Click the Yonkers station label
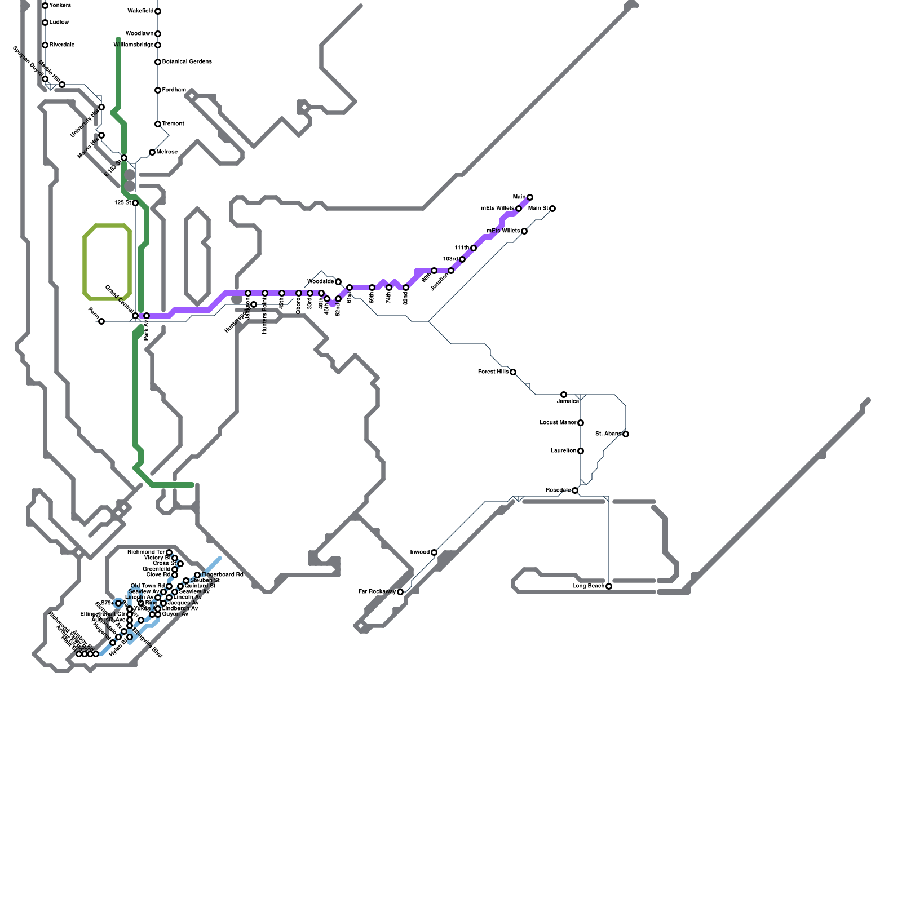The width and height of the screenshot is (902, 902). (60, 6)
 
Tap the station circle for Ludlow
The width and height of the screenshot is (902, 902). (45, 23)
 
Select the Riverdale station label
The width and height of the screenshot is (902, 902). (61, 45)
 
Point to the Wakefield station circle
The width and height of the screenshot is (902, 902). (158, 11)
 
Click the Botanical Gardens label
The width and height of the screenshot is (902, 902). (187, 62)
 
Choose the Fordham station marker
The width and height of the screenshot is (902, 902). (158, 90)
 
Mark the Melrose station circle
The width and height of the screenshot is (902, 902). (152, 152)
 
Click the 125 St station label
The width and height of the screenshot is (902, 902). (122, 203)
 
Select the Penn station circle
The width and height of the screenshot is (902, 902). (101, 321)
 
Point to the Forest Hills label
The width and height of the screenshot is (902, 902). (493, 372)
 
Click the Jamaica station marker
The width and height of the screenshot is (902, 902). (564, 395)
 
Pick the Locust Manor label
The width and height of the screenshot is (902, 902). (558, 423)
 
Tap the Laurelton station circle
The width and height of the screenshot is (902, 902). (581, 451)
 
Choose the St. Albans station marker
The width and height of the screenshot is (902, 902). (626, 434)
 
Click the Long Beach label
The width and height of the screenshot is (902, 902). (588, 586)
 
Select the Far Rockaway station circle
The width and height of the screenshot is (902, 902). (400, 592)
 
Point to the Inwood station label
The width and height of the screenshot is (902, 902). (419, 552)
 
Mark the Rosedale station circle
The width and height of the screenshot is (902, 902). (575, 490)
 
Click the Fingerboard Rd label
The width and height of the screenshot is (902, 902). (222, 575)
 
